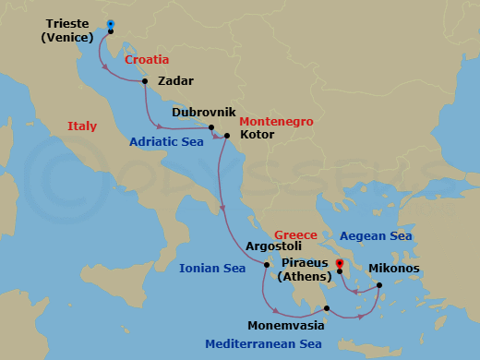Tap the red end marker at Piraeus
(339, 264)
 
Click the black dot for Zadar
(145, 81)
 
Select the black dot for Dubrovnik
(211, 127)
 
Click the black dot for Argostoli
(266, 266)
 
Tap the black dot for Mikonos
(378, 284)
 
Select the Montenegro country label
(276, 121)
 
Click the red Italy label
(84, 126)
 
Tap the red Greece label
(295, 235)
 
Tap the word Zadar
(175, 81)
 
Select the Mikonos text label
(394, 269)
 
